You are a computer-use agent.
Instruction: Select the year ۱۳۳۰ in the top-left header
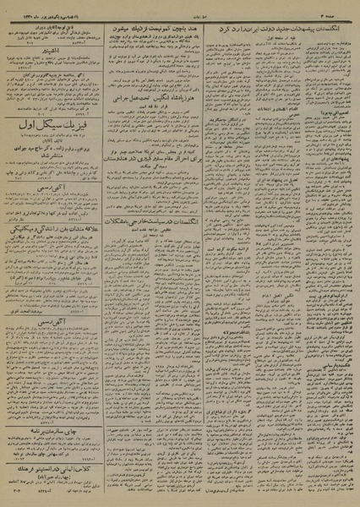point(31,8)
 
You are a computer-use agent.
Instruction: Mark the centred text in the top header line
point(179,8)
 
